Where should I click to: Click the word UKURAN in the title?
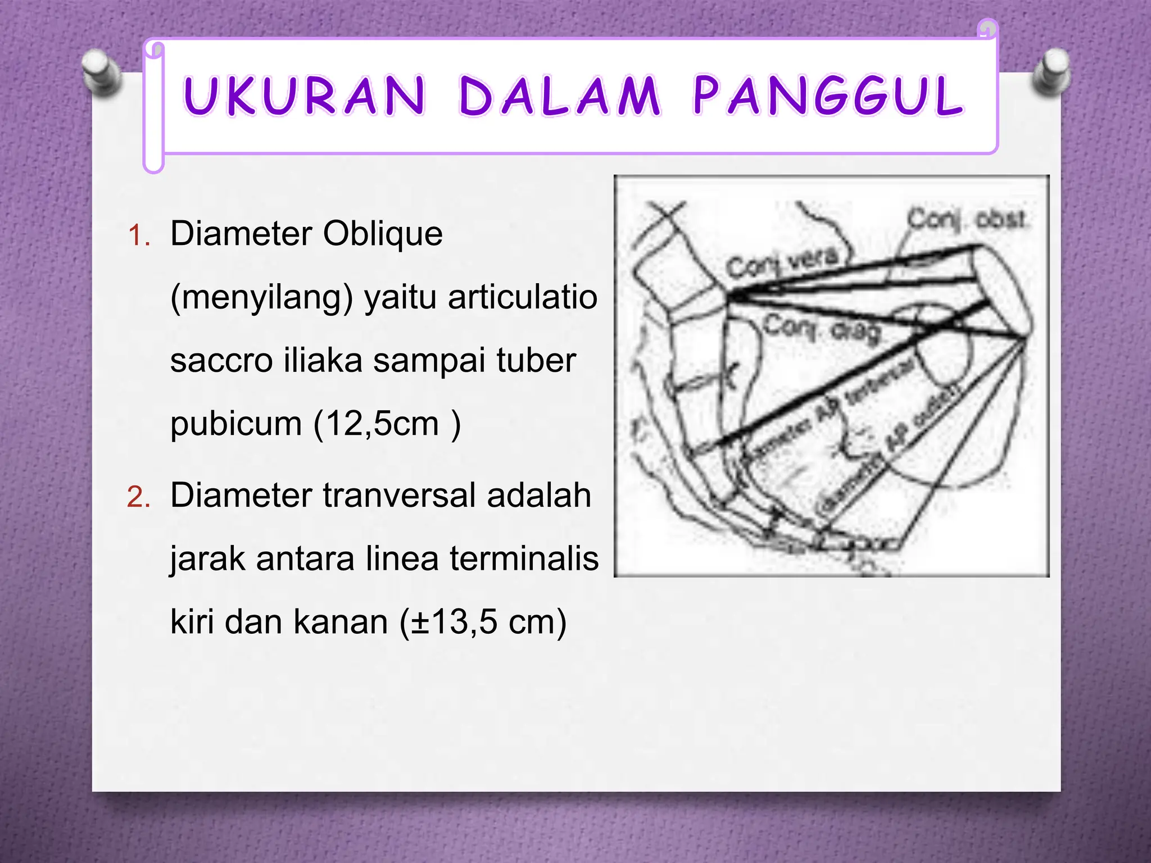tap(304, 97)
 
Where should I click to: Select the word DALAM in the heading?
tap(559, 97)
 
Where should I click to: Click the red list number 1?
tap(139, 235)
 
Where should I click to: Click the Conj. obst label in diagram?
tap(966, 219)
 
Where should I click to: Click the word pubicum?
tap(236, 424)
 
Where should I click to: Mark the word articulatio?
tap(522, 298)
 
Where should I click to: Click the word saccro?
tap(221, 361)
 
